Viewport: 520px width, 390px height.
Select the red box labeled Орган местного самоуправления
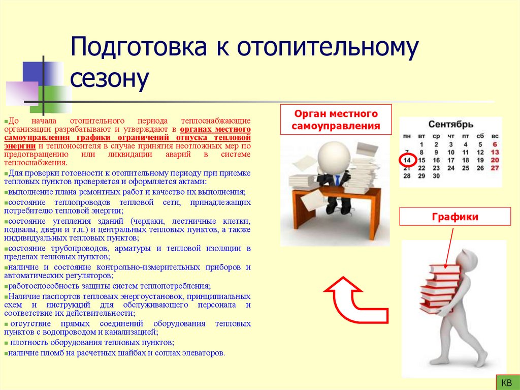pos(336,119)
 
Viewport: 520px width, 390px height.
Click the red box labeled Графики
pos(455,217)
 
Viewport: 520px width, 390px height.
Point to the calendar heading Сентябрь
pos(450,124)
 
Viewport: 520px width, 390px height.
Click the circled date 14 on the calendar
pos(407,160)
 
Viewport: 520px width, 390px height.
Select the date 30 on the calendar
pos(436,176)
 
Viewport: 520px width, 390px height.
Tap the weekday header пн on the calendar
pos(407,136)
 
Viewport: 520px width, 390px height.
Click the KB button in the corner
pos(506,382)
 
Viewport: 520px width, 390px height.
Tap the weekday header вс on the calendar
pos(495,136)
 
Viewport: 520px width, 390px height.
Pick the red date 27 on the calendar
pos(495,168)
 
